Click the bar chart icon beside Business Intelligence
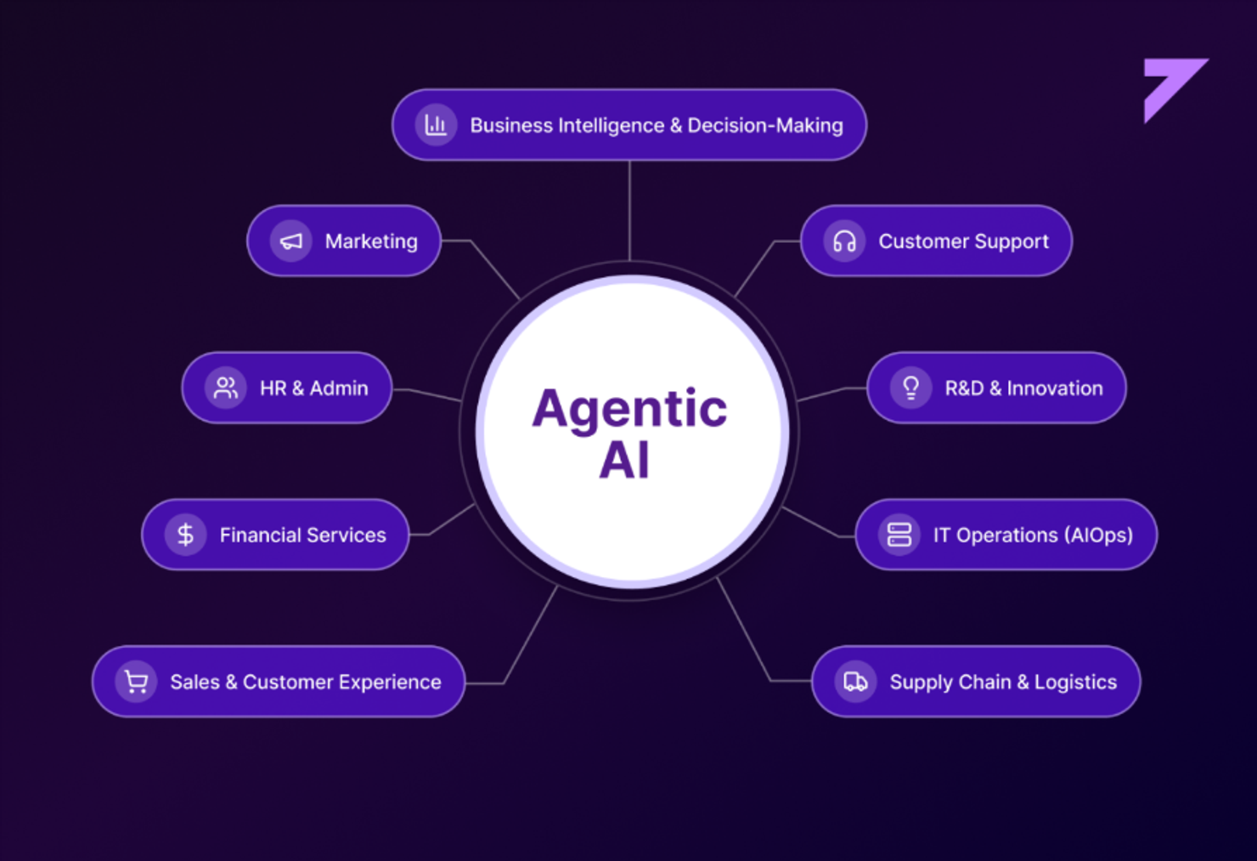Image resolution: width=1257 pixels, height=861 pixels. point(436,125)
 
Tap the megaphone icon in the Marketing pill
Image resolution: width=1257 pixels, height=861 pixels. point(291,241)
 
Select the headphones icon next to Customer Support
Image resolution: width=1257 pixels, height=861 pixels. point(844,241)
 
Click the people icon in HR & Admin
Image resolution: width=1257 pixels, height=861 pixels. point(226,388)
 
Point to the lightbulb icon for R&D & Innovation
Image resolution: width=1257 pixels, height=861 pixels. point(910,388)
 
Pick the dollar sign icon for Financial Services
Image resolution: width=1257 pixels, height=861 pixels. point(185,535)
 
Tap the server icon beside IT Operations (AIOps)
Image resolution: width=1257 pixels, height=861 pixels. point(899,535)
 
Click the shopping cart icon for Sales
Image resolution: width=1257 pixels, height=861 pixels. point(136,682)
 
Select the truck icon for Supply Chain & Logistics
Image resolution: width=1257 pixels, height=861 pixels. point(856,682)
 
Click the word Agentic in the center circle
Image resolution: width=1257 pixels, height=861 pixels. point(629,410)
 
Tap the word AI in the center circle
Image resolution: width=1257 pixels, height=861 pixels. point(624,460)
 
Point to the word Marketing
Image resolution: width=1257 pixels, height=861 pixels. point(371,241)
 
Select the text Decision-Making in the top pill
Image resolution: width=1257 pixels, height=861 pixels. point(765,125)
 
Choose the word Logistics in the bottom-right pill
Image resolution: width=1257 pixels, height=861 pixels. point(1076,683)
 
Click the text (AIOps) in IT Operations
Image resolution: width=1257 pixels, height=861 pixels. point(1099,535)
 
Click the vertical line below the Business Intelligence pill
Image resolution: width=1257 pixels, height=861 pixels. point(629,211)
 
